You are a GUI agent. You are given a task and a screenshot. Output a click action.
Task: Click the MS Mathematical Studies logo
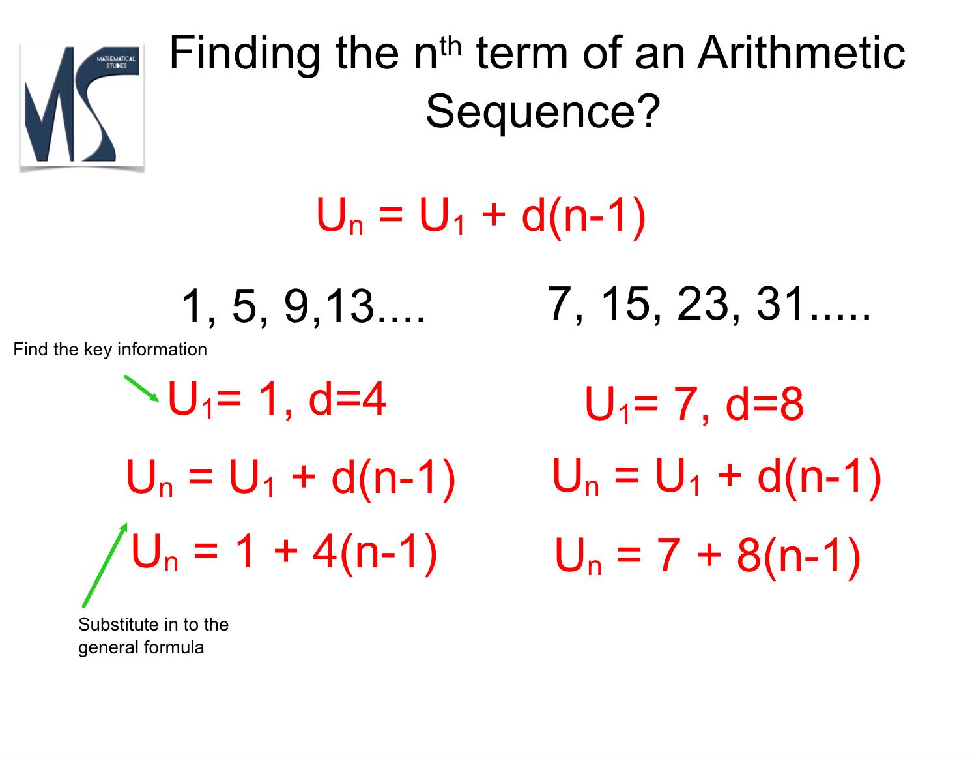(82, 106)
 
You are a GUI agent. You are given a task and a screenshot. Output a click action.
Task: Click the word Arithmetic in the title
(801, 53)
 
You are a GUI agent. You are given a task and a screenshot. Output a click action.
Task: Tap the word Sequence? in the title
(543, 111)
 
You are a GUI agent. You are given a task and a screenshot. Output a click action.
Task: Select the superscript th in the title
(450, 46)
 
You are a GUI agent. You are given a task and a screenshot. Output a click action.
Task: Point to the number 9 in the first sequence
(297, 306)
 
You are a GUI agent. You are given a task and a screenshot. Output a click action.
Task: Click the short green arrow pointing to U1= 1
(141, 388)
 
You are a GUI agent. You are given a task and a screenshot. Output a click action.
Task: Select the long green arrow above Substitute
(105, 565)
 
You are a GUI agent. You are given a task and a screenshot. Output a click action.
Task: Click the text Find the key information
(110, 349)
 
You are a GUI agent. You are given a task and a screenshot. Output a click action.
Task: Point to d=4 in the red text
(347, 399)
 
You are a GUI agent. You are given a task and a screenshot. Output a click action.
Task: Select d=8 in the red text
(764, 404)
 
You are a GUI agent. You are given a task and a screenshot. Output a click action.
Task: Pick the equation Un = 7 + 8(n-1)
(708, 557)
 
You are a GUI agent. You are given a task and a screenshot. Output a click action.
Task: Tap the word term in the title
(521, 53)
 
